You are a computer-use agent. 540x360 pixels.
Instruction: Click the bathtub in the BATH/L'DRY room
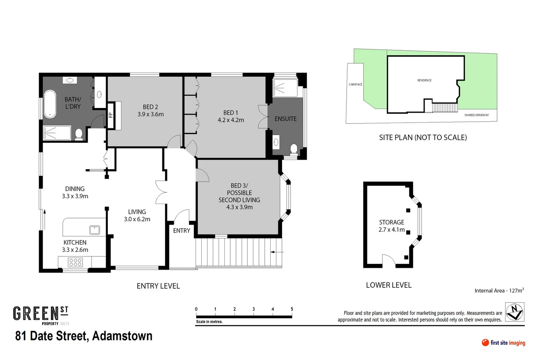coord(50,104)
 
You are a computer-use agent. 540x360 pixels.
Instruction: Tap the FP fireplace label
coord(111,115)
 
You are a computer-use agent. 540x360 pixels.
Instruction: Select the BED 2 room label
coord(150,110)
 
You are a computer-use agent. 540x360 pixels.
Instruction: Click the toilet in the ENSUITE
coord(294,149)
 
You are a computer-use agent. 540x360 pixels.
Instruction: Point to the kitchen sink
coord(94,230)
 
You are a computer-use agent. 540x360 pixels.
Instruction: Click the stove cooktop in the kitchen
coord(75,263)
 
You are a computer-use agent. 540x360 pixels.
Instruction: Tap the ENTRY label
coord(181,231)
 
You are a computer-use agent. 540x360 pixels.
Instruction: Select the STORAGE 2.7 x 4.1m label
coord(391,226)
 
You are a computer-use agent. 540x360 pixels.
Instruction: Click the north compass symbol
coord(515,312)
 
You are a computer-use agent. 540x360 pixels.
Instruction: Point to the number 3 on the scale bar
coord(254,309)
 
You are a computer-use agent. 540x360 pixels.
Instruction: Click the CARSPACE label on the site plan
coord(355,84)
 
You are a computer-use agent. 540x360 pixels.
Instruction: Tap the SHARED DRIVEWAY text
coord(476,115)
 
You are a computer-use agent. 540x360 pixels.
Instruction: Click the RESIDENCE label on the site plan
coord(424,80)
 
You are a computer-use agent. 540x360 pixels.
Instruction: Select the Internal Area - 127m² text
coord(499,290)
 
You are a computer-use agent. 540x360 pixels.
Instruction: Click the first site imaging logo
coord(503,343)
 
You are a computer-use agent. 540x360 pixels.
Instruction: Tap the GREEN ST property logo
coord(41,315)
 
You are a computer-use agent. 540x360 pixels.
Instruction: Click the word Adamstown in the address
coord(122,336)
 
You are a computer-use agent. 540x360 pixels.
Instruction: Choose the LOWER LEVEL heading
coord(389,285)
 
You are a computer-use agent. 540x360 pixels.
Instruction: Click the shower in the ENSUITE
coord(285,88)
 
